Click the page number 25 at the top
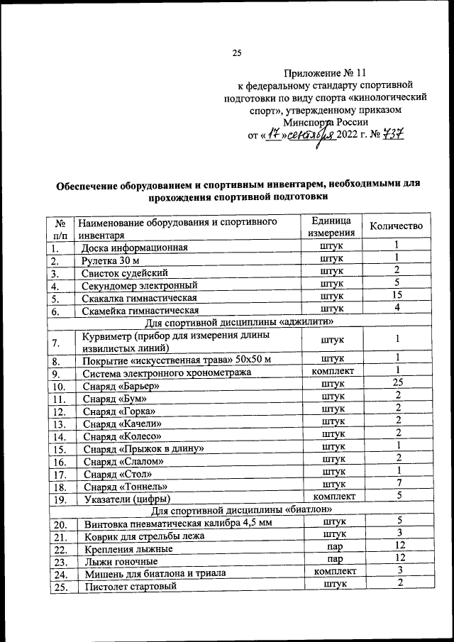click(x=237, y=52)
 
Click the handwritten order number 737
click(x=391, y=134)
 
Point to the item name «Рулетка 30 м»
click(x=110, y=261)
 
